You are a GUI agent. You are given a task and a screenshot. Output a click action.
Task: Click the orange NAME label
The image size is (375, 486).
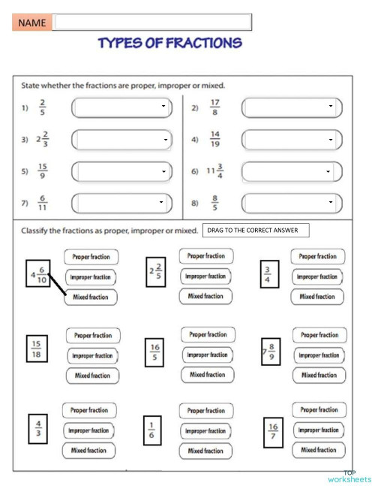tap(32, 23)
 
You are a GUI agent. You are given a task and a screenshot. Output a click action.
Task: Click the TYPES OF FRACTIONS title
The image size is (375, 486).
tap(170, 43)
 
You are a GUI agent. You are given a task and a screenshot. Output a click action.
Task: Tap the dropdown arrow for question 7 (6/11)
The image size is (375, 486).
tap(162, 203)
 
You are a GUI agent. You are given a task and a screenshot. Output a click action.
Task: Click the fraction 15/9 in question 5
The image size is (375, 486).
tap(42, 172)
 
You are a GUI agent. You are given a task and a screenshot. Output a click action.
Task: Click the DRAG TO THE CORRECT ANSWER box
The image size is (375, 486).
tap(256, 231)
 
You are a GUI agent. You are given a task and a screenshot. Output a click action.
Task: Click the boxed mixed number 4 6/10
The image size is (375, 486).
tap(37, 276)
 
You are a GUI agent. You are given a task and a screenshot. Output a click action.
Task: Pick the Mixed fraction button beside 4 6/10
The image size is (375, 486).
tap(89, 297)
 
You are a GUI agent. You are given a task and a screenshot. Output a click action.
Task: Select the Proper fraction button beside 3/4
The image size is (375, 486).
tap(318, 257)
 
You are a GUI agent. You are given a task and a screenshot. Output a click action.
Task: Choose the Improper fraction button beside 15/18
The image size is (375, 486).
tap(93, 356)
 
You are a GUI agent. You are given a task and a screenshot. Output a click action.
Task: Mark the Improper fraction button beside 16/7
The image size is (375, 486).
tap(318, 430)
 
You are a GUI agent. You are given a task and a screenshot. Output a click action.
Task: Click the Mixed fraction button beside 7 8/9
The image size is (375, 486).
tap(319, 375)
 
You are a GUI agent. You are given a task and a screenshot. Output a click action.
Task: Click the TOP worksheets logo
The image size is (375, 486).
tap(349, 476)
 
